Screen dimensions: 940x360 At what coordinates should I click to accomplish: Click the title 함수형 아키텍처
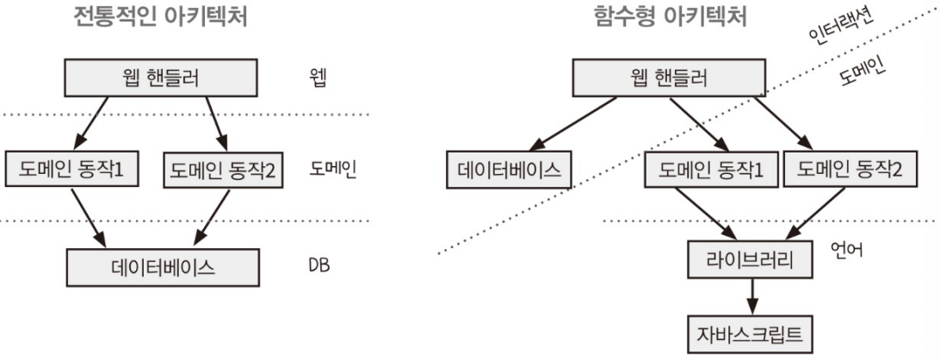670,17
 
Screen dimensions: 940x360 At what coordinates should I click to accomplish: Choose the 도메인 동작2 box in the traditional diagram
222,171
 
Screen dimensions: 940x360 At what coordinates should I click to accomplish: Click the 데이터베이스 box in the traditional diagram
163,267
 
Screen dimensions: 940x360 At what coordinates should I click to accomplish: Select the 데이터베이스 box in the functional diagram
510,171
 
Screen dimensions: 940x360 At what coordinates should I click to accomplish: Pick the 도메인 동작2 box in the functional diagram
850,171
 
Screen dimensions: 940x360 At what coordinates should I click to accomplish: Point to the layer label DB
318,265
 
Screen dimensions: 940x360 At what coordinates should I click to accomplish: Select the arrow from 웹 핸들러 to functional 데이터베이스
572,125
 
